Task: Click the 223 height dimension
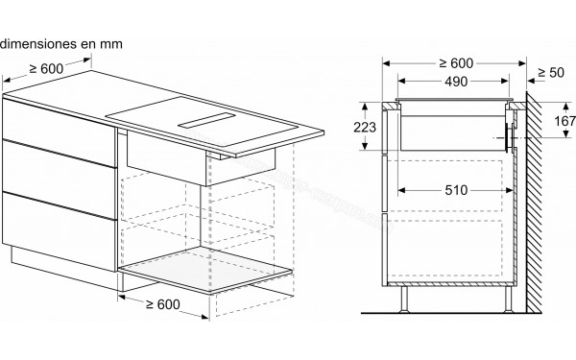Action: pos(363,126)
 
